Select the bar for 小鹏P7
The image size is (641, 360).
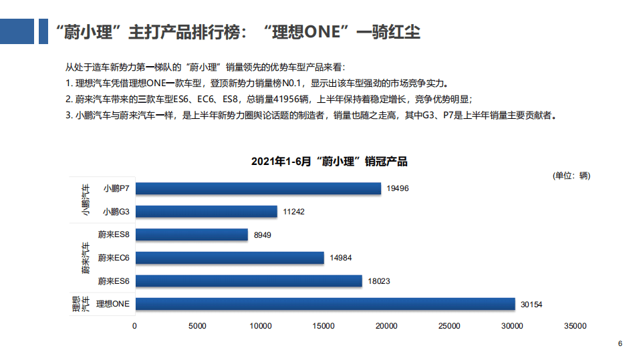pos(258,188)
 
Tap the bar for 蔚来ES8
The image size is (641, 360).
pos(191,234)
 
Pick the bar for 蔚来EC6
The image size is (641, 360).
pos(229,258)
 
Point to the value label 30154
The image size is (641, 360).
pos(531,305)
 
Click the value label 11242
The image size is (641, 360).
pos(293,212)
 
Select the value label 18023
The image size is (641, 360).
pos(378,281)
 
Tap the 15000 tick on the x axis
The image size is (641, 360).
pos(324,326)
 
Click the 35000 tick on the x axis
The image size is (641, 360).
pos(575,326)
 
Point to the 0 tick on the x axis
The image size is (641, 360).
pos(135,326)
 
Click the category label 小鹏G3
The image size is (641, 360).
pos(116,212)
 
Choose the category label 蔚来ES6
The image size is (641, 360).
pos(114,281)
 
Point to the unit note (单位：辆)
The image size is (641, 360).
pos(571,176)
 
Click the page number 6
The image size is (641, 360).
pos(620,344)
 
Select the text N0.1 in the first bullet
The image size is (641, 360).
pos(277,84)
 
